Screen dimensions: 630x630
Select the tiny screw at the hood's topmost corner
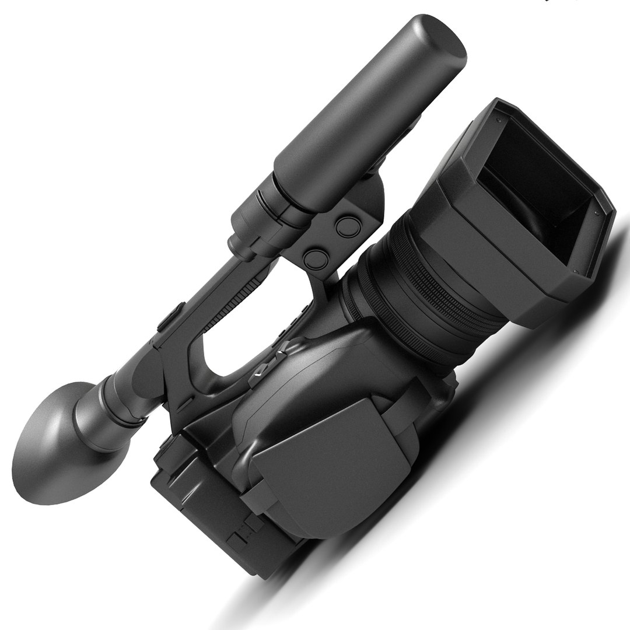point(499,119)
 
